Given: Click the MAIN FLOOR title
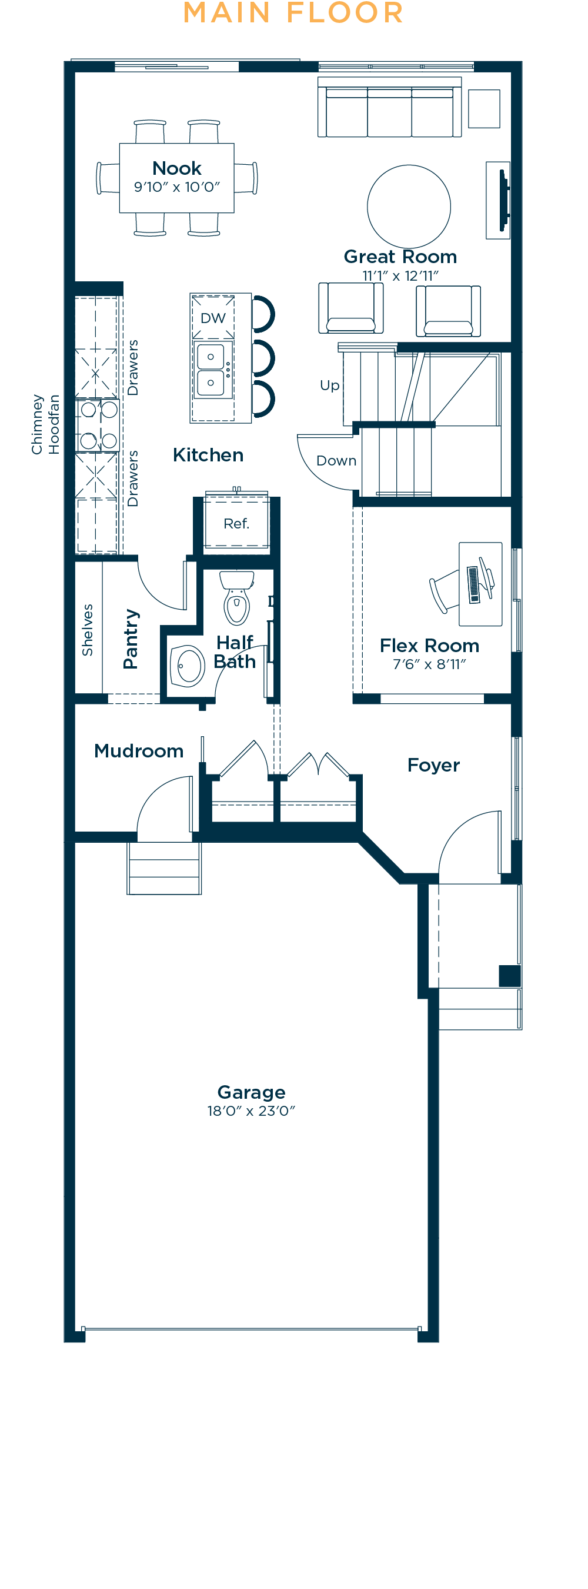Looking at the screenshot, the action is (x=293, y=13).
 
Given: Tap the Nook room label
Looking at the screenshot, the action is (x=177, y=168).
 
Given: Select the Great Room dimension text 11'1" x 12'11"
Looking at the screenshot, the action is (x=400, y=276).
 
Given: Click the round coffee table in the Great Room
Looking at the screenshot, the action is (x=409, y=206).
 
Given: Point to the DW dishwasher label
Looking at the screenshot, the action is (x=213, y=318).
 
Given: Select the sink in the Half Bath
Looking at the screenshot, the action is (x=187, y=666).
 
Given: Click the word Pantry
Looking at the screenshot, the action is (x=131, y=639).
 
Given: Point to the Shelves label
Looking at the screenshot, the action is (x=88, y=630).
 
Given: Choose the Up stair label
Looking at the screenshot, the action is (x=330, y=386).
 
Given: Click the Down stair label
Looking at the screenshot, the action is (x=336, y=461).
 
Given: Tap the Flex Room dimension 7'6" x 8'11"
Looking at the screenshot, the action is (x=430, y=664).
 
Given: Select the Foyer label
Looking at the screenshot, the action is (x=434, y=766).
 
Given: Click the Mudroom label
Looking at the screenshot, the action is (x=139, y=751).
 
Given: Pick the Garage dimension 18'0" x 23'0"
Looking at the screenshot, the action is (x=252, y=1111).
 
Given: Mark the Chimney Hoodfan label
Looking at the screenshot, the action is (x=46, y=424).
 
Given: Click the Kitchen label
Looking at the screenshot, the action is (x=208, y=456).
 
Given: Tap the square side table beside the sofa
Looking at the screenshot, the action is (x=484, y=108).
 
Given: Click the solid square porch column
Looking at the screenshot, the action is (x=510, y=976).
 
